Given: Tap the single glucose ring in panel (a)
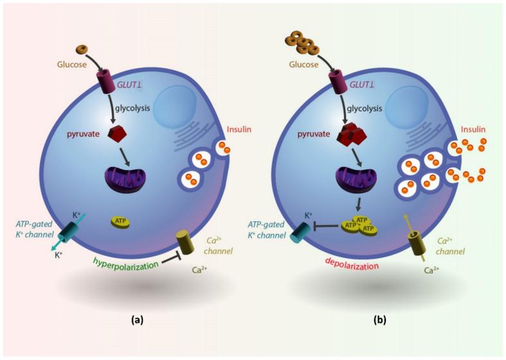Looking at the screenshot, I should click(x=81, y=49).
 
